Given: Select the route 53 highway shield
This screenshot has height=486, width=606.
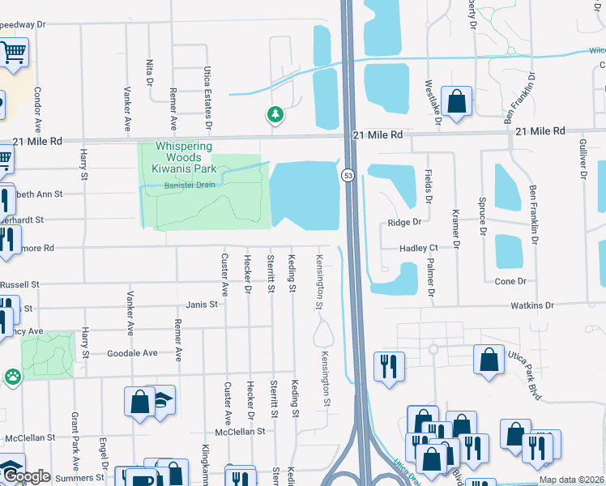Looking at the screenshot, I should click(348, 175).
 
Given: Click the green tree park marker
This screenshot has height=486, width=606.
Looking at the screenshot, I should click(275, 114).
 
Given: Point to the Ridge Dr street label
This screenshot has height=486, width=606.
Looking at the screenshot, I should click(405, 222).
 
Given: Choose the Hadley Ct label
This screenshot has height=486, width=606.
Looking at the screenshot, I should click(418, 249).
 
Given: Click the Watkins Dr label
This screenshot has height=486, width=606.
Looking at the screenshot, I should click(531, 305).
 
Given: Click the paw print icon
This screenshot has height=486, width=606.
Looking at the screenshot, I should click(13, 377).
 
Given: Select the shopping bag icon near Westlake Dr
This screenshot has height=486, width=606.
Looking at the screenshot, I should click(458, 102).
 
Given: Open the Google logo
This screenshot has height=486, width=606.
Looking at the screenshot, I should click(27, 476).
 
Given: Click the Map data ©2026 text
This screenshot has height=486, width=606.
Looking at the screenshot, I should click(570, 480).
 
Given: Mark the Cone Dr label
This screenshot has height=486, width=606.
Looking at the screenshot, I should click(510, 281).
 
